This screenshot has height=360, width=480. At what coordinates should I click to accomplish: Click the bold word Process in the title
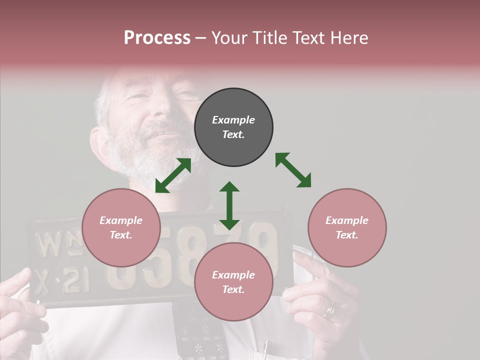(x=157, y=37)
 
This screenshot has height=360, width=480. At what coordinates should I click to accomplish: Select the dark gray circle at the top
(x=233, y=127)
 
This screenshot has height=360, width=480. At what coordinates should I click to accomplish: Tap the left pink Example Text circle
(x=121, y=227)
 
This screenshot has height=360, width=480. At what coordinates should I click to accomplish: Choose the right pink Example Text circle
(x=346, y=227)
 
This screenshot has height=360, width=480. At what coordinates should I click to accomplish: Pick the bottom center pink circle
(x=233, y=282)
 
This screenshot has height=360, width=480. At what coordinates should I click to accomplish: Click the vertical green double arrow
(x=229, y=205)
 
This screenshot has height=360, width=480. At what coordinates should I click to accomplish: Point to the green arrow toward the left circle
(x=173, y=175)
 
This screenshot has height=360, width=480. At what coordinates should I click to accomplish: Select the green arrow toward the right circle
(x=293, y=170)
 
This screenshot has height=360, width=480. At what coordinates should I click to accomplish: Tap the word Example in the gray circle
(x=233, y=120)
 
